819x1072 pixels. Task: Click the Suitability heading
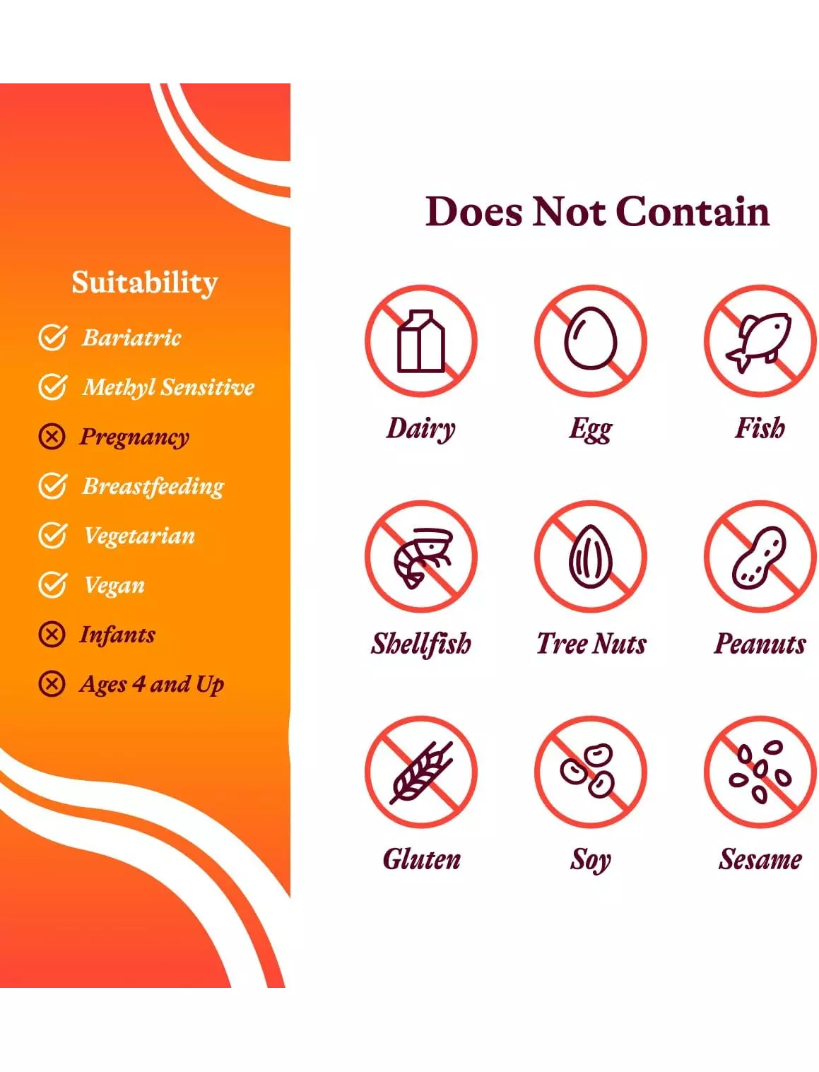click(x=145, y=283)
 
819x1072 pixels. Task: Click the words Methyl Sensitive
click(x=168, y=387)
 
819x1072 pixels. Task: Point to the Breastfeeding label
click(x=153, y=486)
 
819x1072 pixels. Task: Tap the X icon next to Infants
click(x=52, y=635)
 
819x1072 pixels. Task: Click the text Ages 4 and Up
click(x=152, y=684)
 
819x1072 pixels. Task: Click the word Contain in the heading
click(x=693, y=211)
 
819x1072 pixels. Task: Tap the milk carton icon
click(x=421, y=341)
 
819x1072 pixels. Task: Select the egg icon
click(x=591, y=338)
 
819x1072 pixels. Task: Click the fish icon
click(x=758, y=341)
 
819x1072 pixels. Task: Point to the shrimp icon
click(x=423, y=558)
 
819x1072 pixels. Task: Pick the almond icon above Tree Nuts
click(x=591, y=556)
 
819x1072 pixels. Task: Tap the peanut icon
click(x=759, y=558)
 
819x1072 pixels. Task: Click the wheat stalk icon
click(x=421, y=773)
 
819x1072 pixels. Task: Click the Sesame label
click(x=760, y=859)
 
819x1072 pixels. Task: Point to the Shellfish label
click(x=421, y=644)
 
